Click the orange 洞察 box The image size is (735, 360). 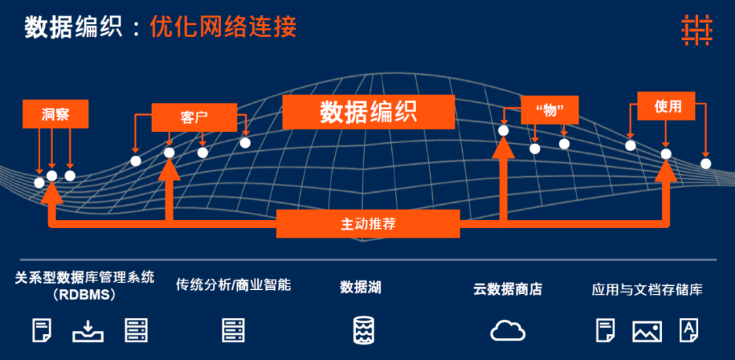pos(55,114)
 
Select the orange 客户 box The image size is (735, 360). pos(194,117)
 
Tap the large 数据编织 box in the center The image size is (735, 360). pos(368,112)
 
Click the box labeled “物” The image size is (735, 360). pos(549,110)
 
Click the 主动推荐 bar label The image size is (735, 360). pos(368,223)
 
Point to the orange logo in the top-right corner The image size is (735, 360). pos(696,31)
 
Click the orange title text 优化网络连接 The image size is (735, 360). pos(223,27)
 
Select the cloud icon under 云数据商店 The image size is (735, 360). pos(508,331)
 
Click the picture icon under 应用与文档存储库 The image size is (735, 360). pos(647,331)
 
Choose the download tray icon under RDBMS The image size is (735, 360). pos(88,330)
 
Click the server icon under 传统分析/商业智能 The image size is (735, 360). pos(233,330)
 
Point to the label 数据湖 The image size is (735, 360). pos(361,287)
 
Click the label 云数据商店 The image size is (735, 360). pos(508,289)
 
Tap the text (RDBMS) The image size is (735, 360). pos(84,295)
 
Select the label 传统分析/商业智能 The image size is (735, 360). pos(233,284)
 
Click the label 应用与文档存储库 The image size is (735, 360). pos(647,289)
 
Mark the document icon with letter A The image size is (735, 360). pos(688,330)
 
